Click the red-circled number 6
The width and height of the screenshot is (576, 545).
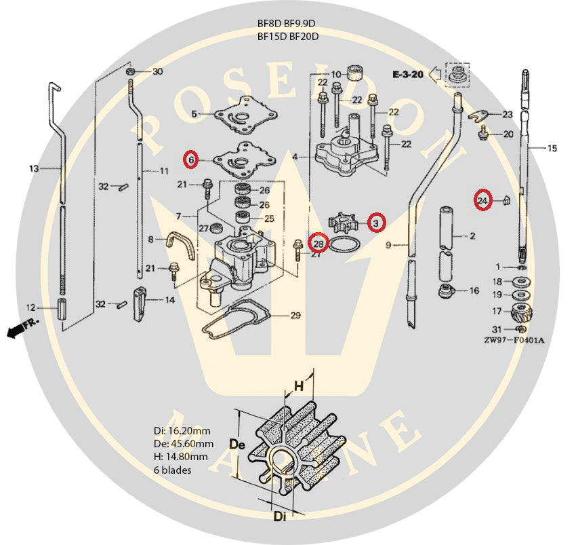coord(192,160)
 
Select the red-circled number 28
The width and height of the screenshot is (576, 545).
coord(318,242)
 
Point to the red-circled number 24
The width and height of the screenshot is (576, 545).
coord(482,200)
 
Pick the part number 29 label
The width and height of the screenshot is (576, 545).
coord(295,316)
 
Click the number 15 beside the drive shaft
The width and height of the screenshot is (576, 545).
coord(552,148)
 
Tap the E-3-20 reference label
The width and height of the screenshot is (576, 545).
coord(408,75)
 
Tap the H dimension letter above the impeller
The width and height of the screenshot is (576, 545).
coord(297,386)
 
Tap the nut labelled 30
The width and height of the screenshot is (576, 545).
coord(131,71)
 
